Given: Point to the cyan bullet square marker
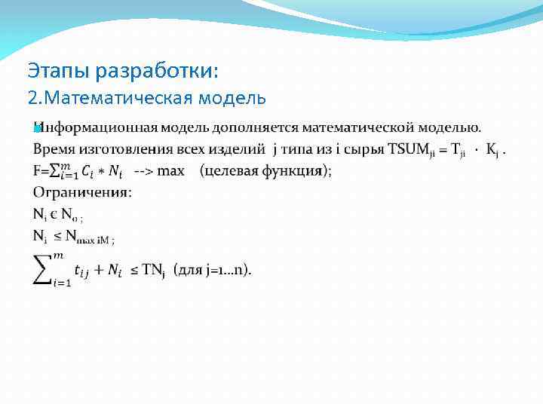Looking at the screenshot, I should coord(37,129).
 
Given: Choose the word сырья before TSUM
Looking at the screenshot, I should coord(344,150).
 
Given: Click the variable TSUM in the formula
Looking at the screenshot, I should coord(390,150).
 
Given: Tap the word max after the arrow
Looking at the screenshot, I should coord(171,171).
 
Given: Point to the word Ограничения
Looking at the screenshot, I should coord(82,192).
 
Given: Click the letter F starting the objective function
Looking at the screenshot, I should coord(37,171).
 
